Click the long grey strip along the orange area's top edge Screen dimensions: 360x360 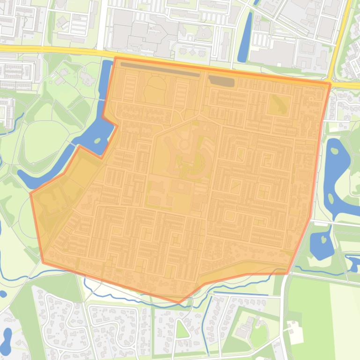159,69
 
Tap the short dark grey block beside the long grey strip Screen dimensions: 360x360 221,81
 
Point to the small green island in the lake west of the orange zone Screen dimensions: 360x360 97,140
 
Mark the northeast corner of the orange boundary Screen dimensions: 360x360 330,84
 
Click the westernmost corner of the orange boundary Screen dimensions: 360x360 31,193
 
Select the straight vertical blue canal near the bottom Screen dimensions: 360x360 206,327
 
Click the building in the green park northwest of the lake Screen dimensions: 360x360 87,77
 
